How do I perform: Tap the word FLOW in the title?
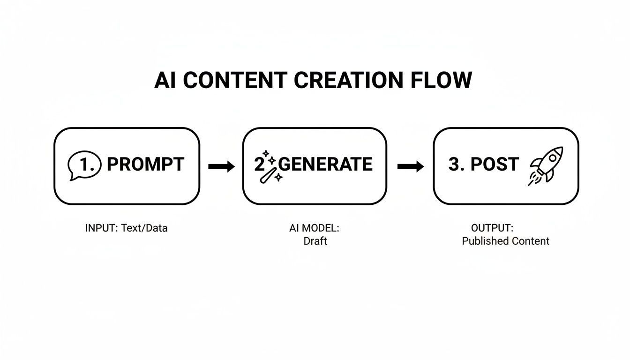(441, 80)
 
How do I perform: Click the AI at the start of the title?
(165, 80)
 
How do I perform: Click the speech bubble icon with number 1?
(84, 165)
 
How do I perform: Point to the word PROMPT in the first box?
(145, 165)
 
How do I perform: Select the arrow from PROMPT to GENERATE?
(221, 166)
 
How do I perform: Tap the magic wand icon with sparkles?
(269, 168)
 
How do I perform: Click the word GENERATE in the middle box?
(326, 165)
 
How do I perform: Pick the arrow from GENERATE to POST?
(410, 166)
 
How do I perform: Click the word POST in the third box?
(494, 165)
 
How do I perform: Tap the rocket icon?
(547, 165)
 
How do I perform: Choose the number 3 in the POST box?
(454, 165)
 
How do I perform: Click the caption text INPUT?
(102, 228)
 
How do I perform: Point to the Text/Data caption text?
(144, 228)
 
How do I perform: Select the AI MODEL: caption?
(314, 228)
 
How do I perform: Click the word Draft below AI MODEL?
(315, 241)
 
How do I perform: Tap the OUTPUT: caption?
(492, 228)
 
